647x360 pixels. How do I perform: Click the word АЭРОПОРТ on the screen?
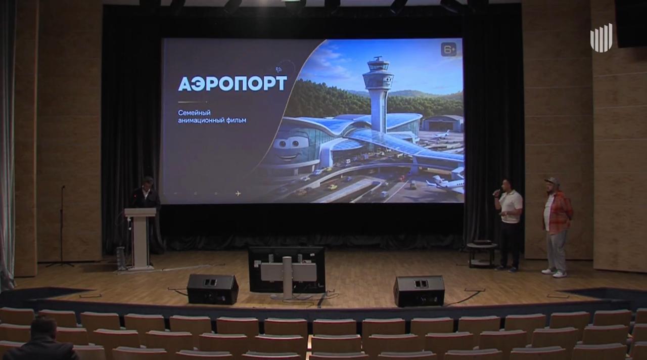click(233, 83)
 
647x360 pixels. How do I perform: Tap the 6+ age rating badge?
click(448, 50)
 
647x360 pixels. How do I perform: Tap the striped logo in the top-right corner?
click(602, 41)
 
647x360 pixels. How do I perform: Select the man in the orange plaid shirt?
click(557, 228)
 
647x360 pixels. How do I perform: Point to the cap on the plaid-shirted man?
click(551, 181)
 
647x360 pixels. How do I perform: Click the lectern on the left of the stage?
click(141, 239)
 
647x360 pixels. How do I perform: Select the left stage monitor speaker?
click(213, 289)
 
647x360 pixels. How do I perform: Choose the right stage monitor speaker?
click(420, 291)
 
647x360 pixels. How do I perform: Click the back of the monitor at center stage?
click(287, 268)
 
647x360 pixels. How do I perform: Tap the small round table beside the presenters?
click(482, 254)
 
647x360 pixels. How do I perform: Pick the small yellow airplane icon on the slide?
click(238, 193)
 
